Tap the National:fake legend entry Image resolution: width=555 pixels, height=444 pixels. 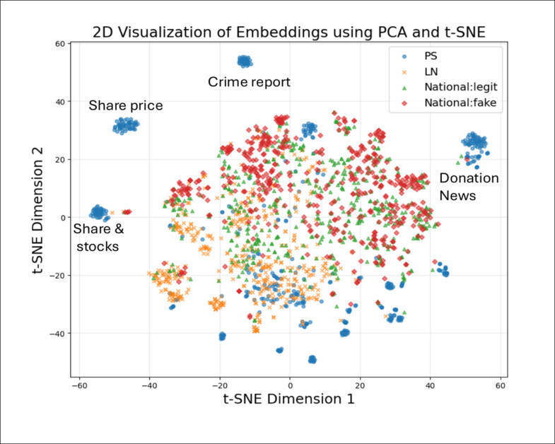[x=456, y=103]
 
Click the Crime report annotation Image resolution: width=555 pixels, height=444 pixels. [x=249, y=82]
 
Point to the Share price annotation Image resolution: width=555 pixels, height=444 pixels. [x=126, y=106]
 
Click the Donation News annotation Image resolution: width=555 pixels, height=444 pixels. [x=469, y=186]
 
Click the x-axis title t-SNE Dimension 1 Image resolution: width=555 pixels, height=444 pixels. [x=290, y=400]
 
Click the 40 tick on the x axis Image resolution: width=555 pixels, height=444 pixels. [x=431, y=386]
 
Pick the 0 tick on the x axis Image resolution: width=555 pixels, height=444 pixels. [x=290, y=386]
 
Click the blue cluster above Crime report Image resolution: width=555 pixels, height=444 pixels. [x=244, y=62]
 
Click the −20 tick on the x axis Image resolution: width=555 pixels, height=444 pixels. [x=219, y=386]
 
